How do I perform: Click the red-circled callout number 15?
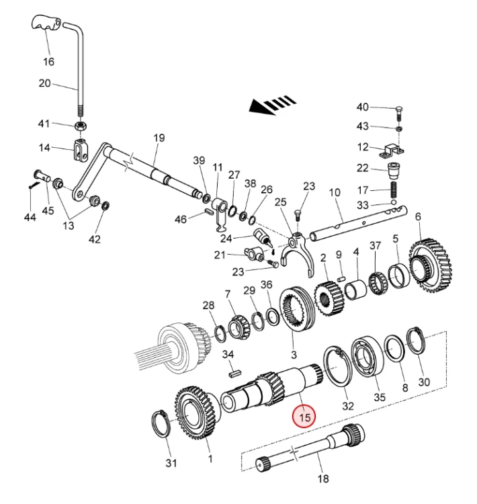(305, 417)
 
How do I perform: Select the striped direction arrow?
(272, 105)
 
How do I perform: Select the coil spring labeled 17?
(394, 187)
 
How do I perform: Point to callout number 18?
(322, 478)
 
